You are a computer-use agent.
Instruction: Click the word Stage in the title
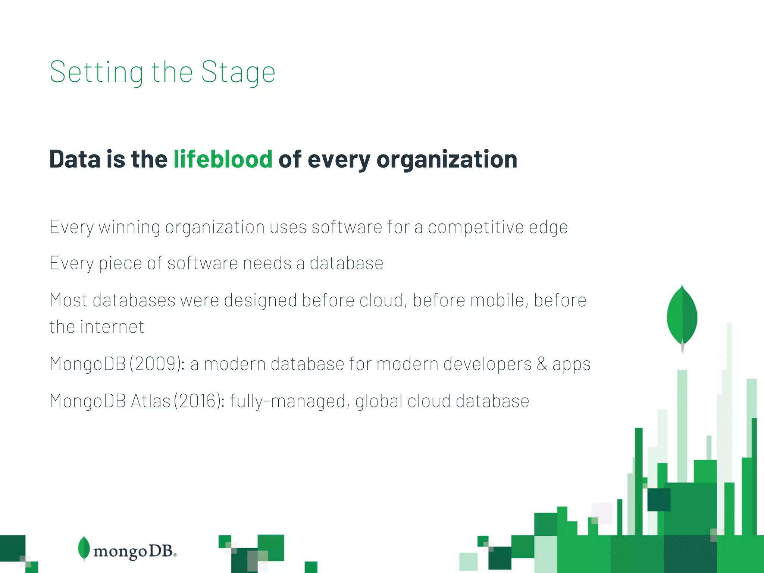point(238,72)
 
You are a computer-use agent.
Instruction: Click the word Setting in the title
point(96,72)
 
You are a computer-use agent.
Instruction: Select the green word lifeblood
point(223,159)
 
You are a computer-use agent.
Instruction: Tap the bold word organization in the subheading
point(447,159)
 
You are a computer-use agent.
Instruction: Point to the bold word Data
point(75,159)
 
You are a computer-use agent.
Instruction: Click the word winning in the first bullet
point(129,227)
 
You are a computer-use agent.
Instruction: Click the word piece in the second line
point(120,263)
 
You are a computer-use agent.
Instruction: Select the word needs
point(267,263)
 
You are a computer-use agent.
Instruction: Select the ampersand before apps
point(542,364)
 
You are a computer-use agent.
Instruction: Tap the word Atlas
point(151,401)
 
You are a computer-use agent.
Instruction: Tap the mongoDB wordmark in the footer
point(134,551)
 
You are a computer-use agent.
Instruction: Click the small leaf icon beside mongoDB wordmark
point(84,548)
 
